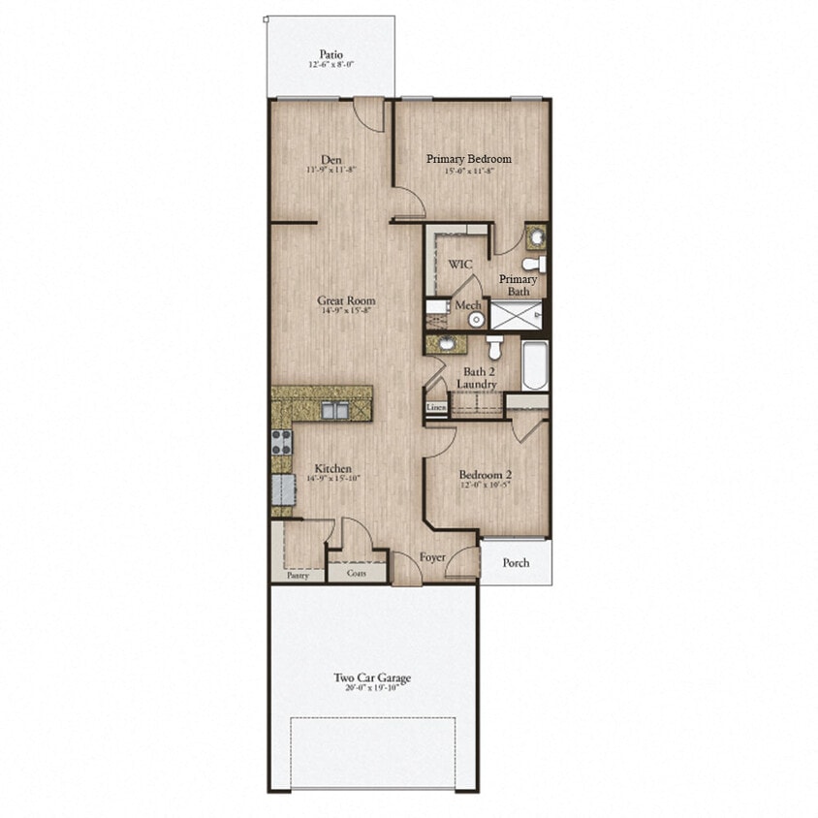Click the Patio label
[331, 54]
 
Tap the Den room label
[332, 161]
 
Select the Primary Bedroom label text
[469, 159]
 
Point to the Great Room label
[346, 300]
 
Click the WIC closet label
[459, 264]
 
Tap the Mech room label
[469, 305]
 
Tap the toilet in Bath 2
[494, 345]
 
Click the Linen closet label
[436, 409]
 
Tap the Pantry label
[298, 575]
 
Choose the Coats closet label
[357, 573]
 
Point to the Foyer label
[431, 558]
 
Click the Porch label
[517, 563]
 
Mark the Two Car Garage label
[372, 678]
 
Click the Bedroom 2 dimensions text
[484, 486]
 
